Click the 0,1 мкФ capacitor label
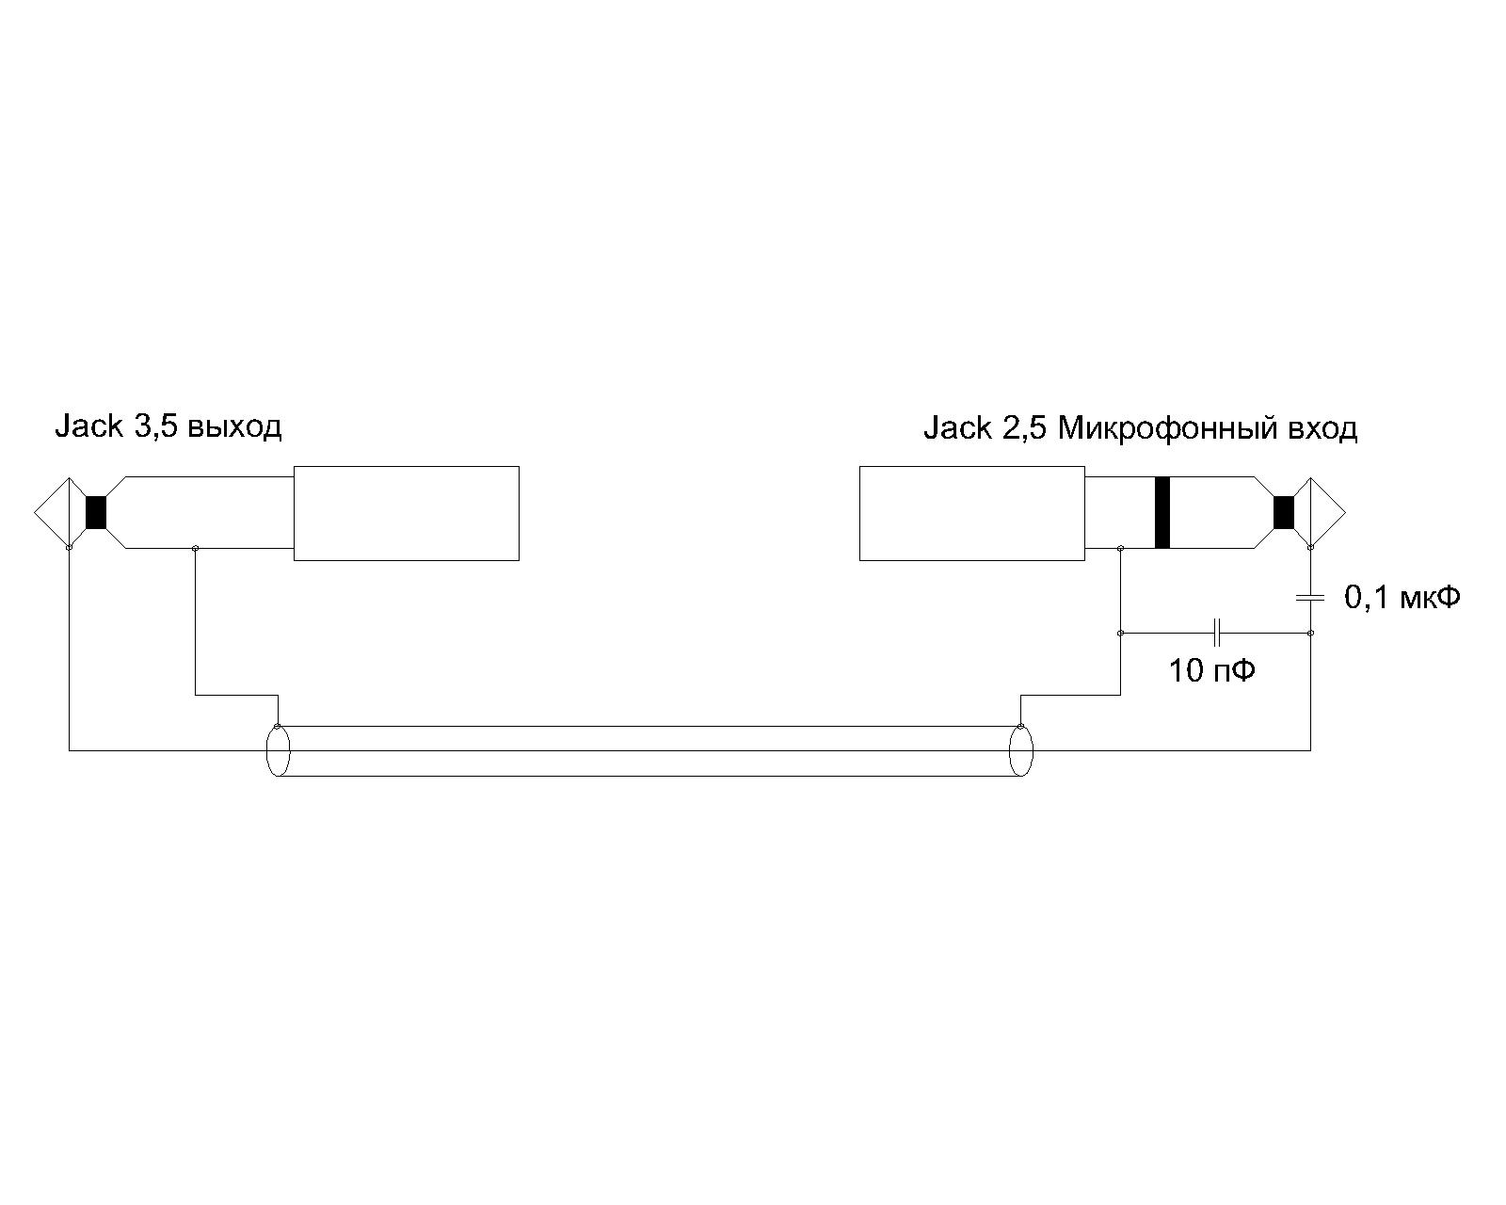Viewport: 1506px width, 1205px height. [x=1402, y=598]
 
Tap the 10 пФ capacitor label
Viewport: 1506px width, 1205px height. [x=1212, y=671]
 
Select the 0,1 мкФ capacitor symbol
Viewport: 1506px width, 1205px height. [x=1310, y=598]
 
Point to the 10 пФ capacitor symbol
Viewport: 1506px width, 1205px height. [x=1217, y=633]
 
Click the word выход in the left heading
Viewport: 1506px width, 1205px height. [x=234, y=427]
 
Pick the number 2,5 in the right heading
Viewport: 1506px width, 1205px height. [x=1024, y=427]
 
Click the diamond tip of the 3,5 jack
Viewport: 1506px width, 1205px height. [x=52, y=512]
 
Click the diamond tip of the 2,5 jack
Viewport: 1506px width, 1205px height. [x=1327, y=512]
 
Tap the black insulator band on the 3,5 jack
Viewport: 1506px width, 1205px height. [x=95, y=512]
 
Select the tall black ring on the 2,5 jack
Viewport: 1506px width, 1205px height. [x=1162, y=512]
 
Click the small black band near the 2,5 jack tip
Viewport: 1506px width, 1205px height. [x=1284, y=512]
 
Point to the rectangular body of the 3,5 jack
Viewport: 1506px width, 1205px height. [x=407, y=513]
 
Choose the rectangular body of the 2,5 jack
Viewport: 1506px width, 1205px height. [x=972, y=513]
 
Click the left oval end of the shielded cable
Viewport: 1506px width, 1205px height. [x=278, y=750]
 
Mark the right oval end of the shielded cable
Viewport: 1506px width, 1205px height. [x=1021, y=750]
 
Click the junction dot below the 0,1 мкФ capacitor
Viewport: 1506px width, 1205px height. [x=1311, y=633]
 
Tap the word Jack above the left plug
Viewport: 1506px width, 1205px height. [x=88, y=426]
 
